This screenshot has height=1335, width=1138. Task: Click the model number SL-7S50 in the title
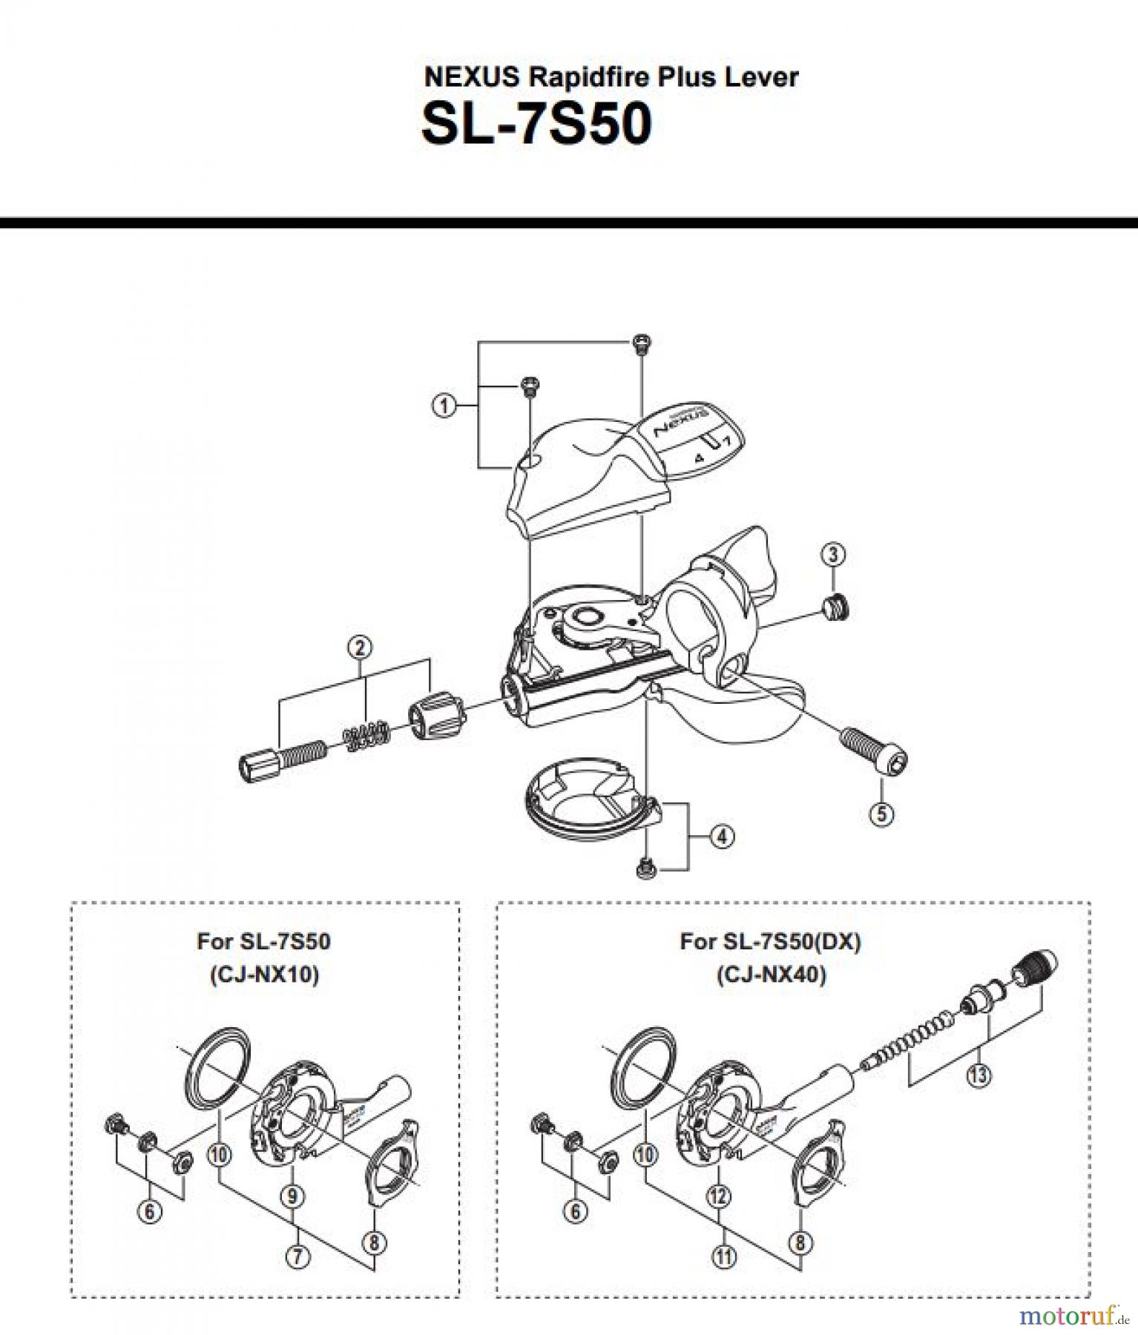tap(536, 124)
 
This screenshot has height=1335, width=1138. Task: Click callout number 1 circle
tap(444, 406)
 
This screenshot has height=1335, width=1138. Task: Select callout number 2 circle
tap(360, 647)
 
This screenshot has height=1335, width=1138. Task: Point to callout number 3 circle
tap(833, 554)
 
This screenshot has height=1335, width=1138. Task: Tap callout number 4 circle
tap(722, 837)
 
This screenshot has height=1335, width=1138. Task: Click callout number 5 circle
tap(881, 814)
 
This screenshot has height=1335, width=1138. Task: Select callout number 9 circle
tap(292, 1196)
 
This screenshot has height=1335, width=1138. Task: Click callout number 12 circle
tap(719, 1196)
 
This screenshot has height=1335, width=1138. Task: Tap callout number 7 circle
tap(297, 1256)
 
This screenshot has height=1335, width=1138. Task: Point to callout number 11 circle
tap(724, 1256)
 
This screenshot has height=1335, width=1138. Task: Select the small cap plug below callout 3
tap(836, 608)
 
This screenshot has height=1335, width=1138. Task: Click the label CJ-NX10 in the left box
tap(264, 974)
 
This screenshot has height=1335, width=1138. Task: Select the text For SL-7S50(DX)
tap(770, 942)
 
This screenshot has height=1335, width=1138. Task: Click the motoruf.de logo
tap(1073, 1316)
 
